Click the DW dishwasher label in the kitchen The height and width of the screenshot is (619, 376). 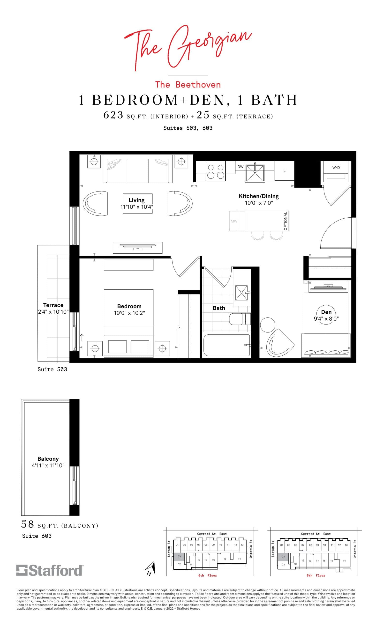240,167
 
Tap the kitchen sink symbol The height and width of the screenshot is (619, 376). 255,173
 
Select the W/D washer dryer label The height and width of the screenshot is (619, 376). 336,168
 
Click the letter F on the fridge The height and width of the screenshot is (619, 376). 285,171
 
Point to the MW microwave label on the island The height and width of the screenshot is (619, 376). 234,221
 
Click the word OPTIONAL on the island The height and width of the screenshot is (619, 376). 285,221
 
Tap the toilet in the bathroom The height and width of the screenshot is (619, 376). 240,319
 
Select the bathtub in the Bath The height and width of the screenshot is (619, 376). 226,345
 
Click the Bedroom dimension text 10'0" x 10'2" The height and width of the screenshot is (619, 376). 129,313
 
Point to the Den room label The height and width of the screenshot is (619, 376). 326,312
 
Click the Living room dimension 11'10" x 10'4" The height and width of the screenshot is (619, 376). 137,207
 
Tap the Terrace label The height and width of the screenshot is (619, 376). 53,305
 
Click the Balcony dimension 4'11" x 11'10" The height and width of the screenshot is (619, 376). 48,465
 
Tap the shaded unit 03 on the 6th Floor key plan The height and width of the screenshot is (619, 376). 179,556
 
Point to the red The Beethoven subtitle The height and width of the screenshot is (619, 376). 188,84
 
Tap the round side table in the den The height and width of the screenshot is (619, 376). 268,325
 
